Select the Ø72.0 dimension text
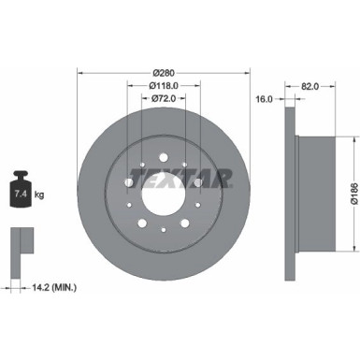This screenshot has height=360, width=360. pos(165,97)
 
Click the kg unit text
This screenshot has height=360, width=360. pos(40,194)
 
